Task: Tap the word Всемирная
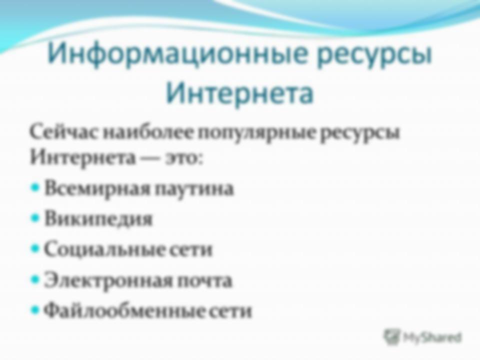(97, 189)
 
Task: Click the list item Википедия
(98, 219)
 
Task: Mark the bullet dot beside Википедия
(35, 218)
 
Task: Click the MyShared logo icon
(391, 337)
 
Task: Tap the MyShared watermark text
(432, 337)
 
